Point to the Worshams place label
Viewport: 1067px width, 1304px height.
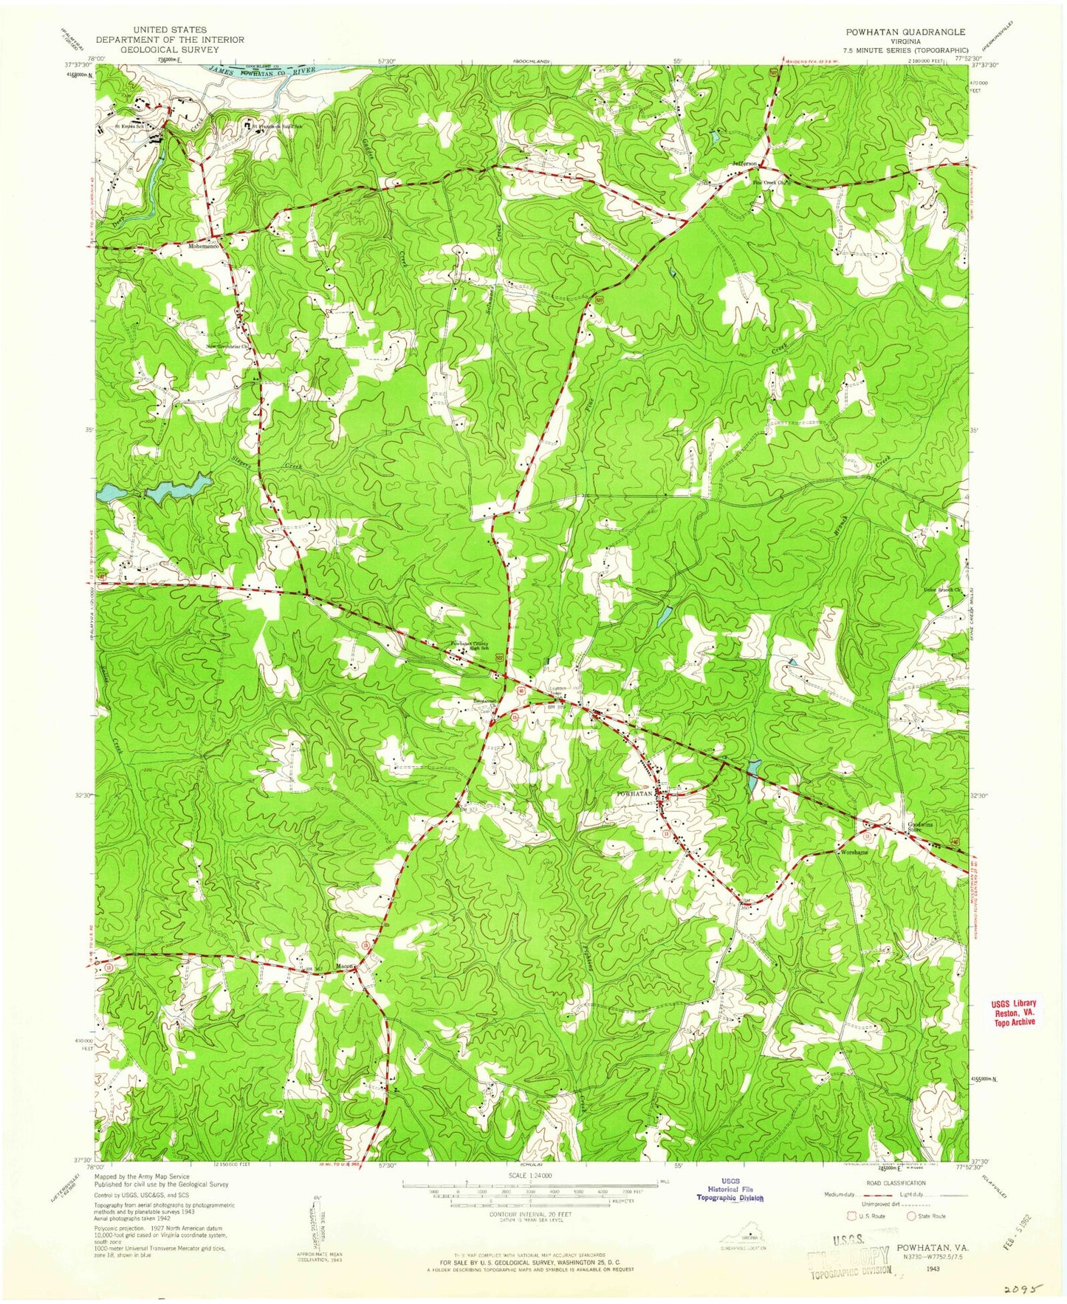click(x=853, y=852)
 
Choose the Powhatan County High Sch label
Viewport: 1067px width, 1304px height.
click(x=470, y=646)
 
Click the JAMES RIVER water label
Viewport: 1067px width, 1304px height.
click(x=273, y=71)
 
